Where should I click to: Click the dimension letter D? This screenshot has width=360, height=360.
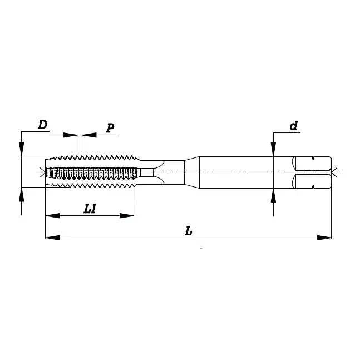42,125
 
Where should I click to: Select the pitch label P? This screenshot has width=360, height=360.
110,128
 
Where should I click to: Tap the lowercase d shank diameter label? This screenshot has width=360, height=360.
293,126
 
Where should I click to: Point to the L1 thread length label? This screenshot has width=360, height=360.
90,209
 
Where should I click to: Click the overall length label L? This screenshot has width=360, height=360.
189,230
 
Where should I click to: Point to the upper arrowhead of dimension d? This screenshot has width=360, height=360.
273,149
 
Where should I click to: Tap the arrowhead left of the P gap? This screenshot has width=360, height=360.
70,135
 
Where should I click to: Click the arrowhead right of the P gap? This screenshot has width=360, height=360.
88,135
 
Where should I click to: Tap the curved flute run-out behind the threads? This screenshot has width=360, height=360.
157,172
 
